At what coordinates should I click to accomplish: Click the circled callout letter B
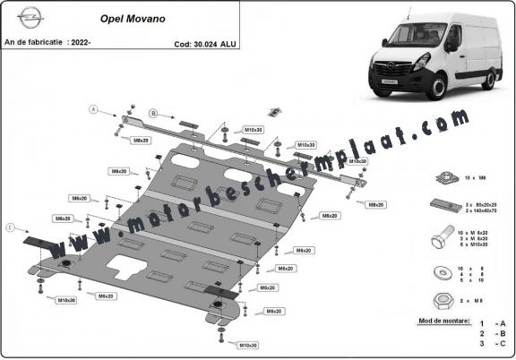point(153,114)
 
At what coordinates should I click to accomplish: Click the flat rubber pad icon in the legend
point(441,205)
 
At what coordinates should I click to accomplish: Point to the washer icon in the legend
point(441,270)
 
